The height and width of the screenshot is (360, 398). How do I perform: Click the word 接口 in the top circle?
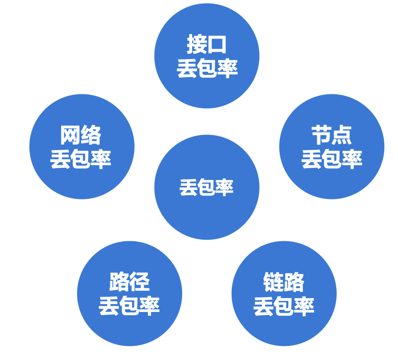click(x=207, y=45)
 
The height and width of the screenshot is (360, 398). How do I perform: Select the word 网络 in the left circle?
click(x=81, y=136)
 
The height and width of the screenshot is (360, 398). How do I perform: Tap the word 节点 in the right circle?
click(x=331, y=136)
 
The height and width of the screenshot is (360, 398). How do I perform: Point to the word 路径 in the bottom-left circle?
click(x=129, y=282)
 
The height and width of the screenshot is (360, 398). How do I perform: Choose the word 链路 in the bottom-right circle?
click(x=284, y=282)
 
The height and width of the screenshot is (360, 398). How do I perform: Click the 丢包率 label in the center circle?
click(x=206, y=187)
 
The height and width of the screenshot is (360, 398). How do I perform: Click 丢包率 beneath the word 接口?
click(x=207, y=69)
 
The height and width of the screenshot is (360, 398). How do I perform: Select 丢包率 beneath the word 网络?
click(x=81, y=159)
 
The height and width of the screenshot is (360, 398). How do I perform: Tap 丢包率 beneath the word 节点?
click(x=331, y=159)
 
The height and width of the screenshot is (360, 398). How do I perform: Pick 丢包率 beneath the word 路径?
click(x=129, y=306)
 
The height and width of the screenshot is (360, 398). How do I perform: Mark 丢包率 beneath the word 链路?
click(x=284, y=306)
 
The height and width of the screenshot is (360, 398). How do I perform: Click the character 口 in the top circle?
click(x=217, y=45)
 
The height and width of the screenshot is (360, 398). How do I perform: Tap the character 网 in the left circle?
click(x=71, y=136)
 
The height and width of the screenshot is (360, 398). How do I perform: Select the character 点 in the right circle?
click(x=342, y=136)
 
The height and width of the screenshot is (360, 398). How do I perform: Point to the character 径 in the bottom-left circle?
click(x=140, y=282)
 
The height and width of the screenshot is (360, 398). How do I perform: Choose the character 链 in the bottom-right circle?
click(x=274, y=282)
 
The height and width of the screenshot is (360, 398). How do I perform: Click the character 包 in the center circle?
click(x=206, y=187)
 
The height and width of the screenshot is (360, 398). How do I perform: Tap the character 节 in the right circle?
click(x=321, y=136)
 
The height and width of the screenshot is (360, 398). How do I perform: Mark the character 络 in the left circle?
click(x=91, y=136)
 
